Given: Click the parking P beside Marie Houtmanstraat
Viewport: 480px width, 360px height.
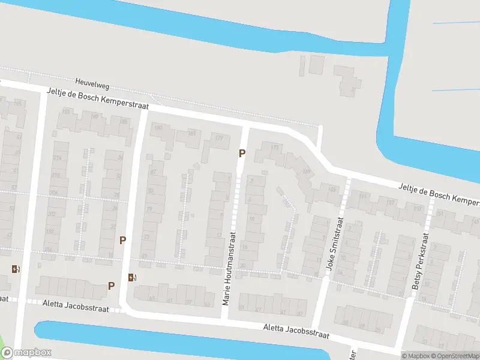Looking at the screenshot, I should pyautogui.click(x=242, y=153).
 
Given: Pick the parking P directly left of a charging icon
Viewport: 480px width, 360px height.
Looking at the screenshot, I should pyautogui.click(x=111, y=286).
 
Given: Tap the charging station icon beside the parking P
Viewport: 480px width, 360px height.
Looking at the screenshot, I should pyautogui.click(x=133, y=277).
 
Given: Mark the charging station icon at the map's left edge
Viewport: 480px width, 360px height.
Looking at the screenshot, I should pyautogui.click(x=16, y=269).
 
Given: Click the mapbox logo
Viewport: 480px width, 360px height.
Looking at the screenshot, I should pyautogui.click(x=26, y=353).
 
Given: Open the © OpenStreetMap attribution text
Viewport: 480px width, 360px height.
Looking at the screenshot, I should pyautogui.click(x=455, y=356).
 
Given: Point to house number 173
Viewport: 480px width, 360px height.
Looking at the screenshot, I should pyautogui.click(x=275, y=147).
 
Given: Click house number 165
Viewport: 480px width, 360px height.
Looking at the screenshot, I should pyautogui.click(x=333, y=189).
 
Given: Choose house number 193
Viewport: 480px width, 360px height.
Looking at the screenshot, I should pyautogui.click(x=158, y=128).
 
